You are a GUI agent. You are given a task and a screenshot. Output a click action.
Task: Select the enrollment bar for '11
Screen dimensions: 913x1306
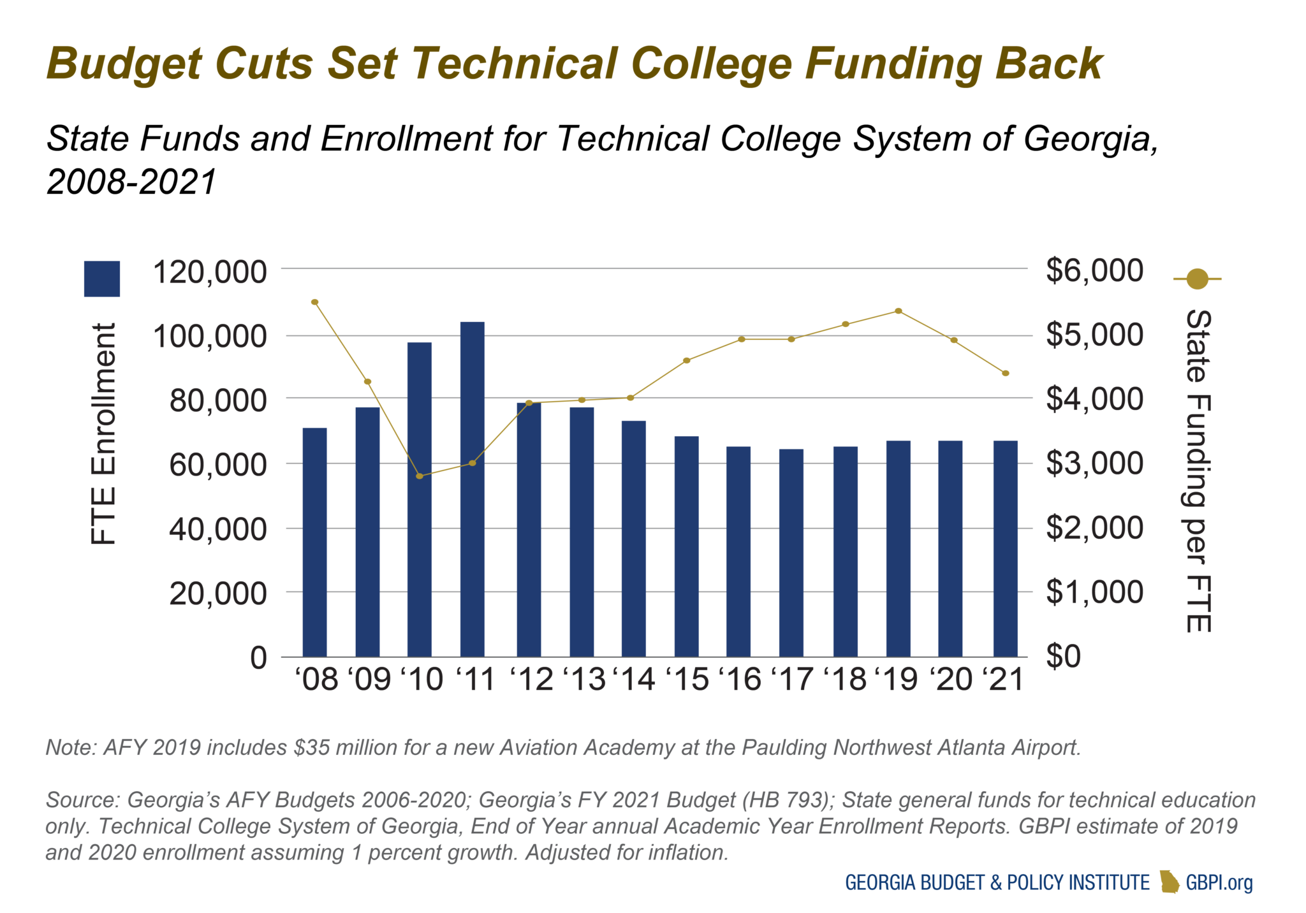(x=472, y=489)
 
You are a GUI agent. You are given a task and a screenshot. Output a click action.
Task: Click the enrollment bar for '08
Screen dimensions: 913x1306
(x=314, y=542)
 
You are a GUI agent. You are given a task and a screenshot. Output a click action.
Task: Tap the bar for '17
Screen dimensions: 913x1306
(x=791, y=553)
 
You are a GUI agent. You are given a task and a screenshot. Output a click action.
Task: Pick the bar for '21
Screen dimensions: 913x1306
(x=1005, y=548)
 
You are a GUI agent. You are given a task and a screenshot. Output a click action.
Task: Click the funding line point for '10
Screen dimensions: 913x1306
(x=419, y=476)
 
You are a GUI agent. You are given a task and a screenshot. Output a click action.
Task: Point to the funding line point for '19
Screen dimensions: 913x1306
(x=898, y=311)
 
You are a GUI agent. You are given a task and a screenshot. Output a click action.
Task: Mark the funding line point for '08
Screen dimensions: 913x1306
(x=314, y=302)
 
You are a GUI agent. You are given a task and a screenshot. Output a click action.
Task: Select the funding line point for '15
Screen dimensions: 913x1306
(x=686, y=361)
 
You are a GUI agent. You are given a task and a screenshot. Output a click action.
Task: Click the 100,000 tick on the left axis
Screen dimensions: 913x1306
(x=209, y=336)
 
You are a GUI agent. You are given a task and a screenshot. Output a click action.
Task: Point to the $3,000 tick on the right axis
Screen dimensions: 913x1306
(x=1094, y=464)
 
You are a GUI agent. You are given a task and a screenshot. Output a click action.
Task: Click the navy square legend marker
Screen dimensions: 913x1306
(x=102, y=279)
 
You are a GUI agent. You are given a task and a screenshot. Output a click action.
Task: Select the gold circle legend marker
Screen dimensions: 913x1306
(x=1198, y=279)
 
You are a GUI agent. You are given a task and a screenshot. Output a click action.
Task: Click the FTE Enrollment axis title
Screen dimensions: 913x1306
(x=103, y=434)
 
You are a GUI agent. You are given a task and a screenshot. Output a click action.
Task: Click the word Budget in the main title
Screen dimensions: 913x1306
(x=126, y=64)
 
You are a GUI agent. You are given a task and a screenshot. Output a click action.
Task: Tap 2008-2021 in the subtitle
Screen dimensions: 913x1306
(x=131, y=182)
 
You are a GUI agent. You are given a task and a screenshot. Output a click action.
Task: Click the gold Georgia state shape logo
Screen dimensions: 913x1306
(x=1169, y=882)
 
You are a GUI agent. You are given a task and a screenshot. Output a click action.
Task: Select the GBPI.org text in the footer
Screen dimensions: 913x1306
(x=1219, y=882)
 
